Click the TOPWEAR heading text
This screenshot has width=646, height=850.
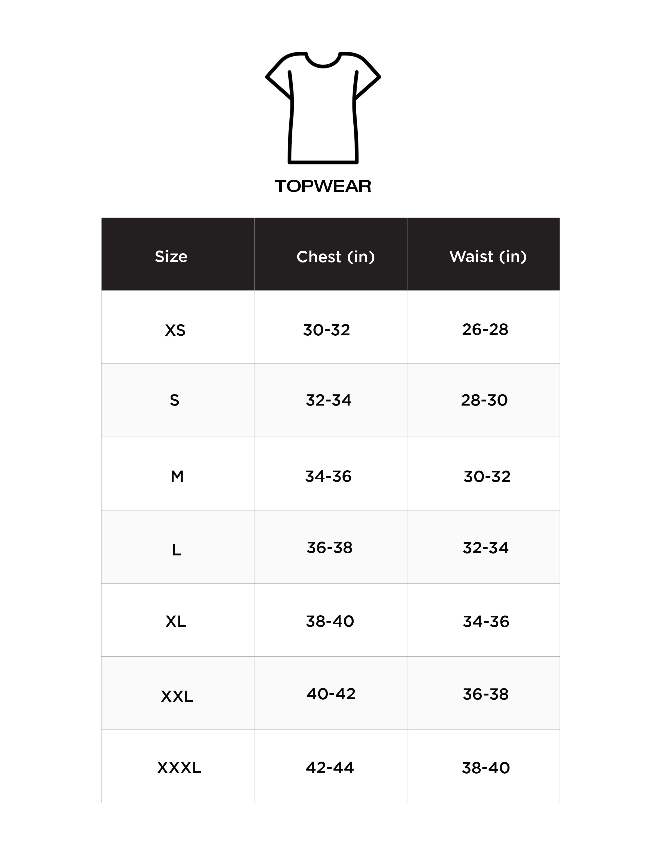tap(323, 186)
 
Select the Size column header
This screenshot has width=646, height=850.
tap(171, 256)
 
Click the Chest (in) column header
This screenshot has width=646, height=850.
tap(335, 257)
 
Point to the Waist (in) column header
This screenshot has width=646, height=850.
tap(488, 256)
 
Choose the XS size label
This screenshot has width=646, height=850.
tap(175, 330)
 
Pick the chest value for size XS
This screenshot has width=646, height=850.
tap(326, 330)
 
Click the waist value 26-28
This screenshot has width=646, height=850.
tap(485, 329)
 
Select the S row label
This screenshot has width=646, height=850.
tap(175, 401)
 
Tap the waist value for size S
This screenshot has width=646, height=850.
tap(484, 400)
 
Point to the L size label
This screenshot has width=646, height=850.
tap(177, 550)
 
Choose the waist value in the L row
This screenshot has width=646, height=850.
tap(485, 548)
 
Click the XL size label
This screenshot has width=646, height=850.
tap(176, 621)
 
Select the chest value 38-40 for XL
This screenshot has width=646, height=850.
tap(330, 621)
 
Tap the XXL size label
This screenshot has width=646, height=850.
tap(177, 696)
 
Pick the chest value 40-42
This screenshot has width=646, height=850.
tap(331, 694)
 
